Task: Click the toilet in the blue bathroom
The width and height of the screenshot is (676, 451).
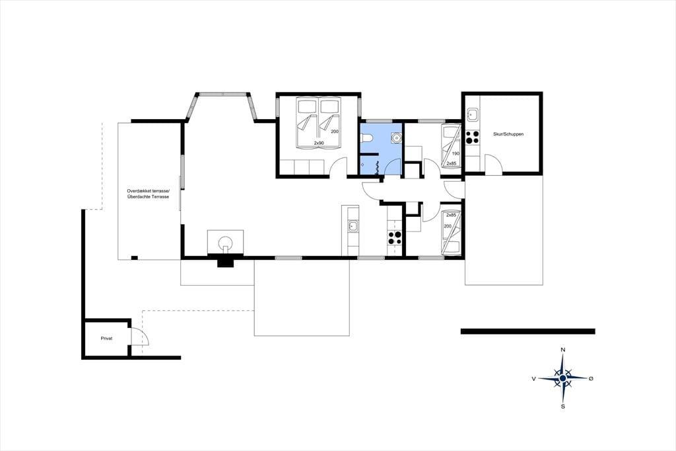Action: tap(365, 138)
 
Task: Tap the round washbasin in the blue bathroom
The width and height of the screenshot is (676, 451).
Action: tap(396, 138)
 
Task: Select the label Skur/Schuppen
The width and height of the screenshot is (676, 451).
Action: tap(508, 134)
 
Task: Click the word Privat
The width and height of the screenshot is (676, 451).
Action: tap(106, 339)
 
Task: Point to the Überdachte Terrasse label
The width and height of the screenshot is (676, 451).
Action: tap(149, 197)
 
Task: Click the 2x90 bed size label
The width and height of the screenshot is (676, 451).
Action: tap(319, 143)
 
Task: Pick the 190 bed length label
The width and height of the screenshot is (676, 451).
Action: tap(456, 153)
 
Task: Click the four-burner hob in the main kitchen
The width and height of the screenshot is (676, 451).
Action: tap(395, 238)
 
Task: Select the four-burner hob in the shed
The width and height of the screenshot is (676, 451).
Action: tap(472, 137)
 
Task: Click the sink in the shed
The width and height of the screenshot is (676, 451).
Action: tap(472, 114)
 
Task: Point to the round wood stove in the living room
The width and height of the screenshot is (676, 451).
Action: tap(224, 243)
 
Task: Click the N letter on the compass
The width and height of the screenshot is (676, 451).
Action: tap(562, 349)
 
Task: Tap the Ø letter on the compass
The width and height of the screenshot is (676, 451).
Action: tap(591, 378)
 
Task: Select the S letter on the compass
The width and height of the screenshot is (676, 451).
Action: tap(562, 407)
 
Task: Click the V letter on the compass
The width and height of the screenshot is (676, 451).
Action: tap(533, 379)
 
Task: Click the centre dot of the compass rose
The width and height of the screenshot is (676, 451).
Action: tap(562, 378)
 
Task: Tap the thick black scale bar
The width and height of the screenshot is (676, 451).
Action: tap(528, 331)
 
